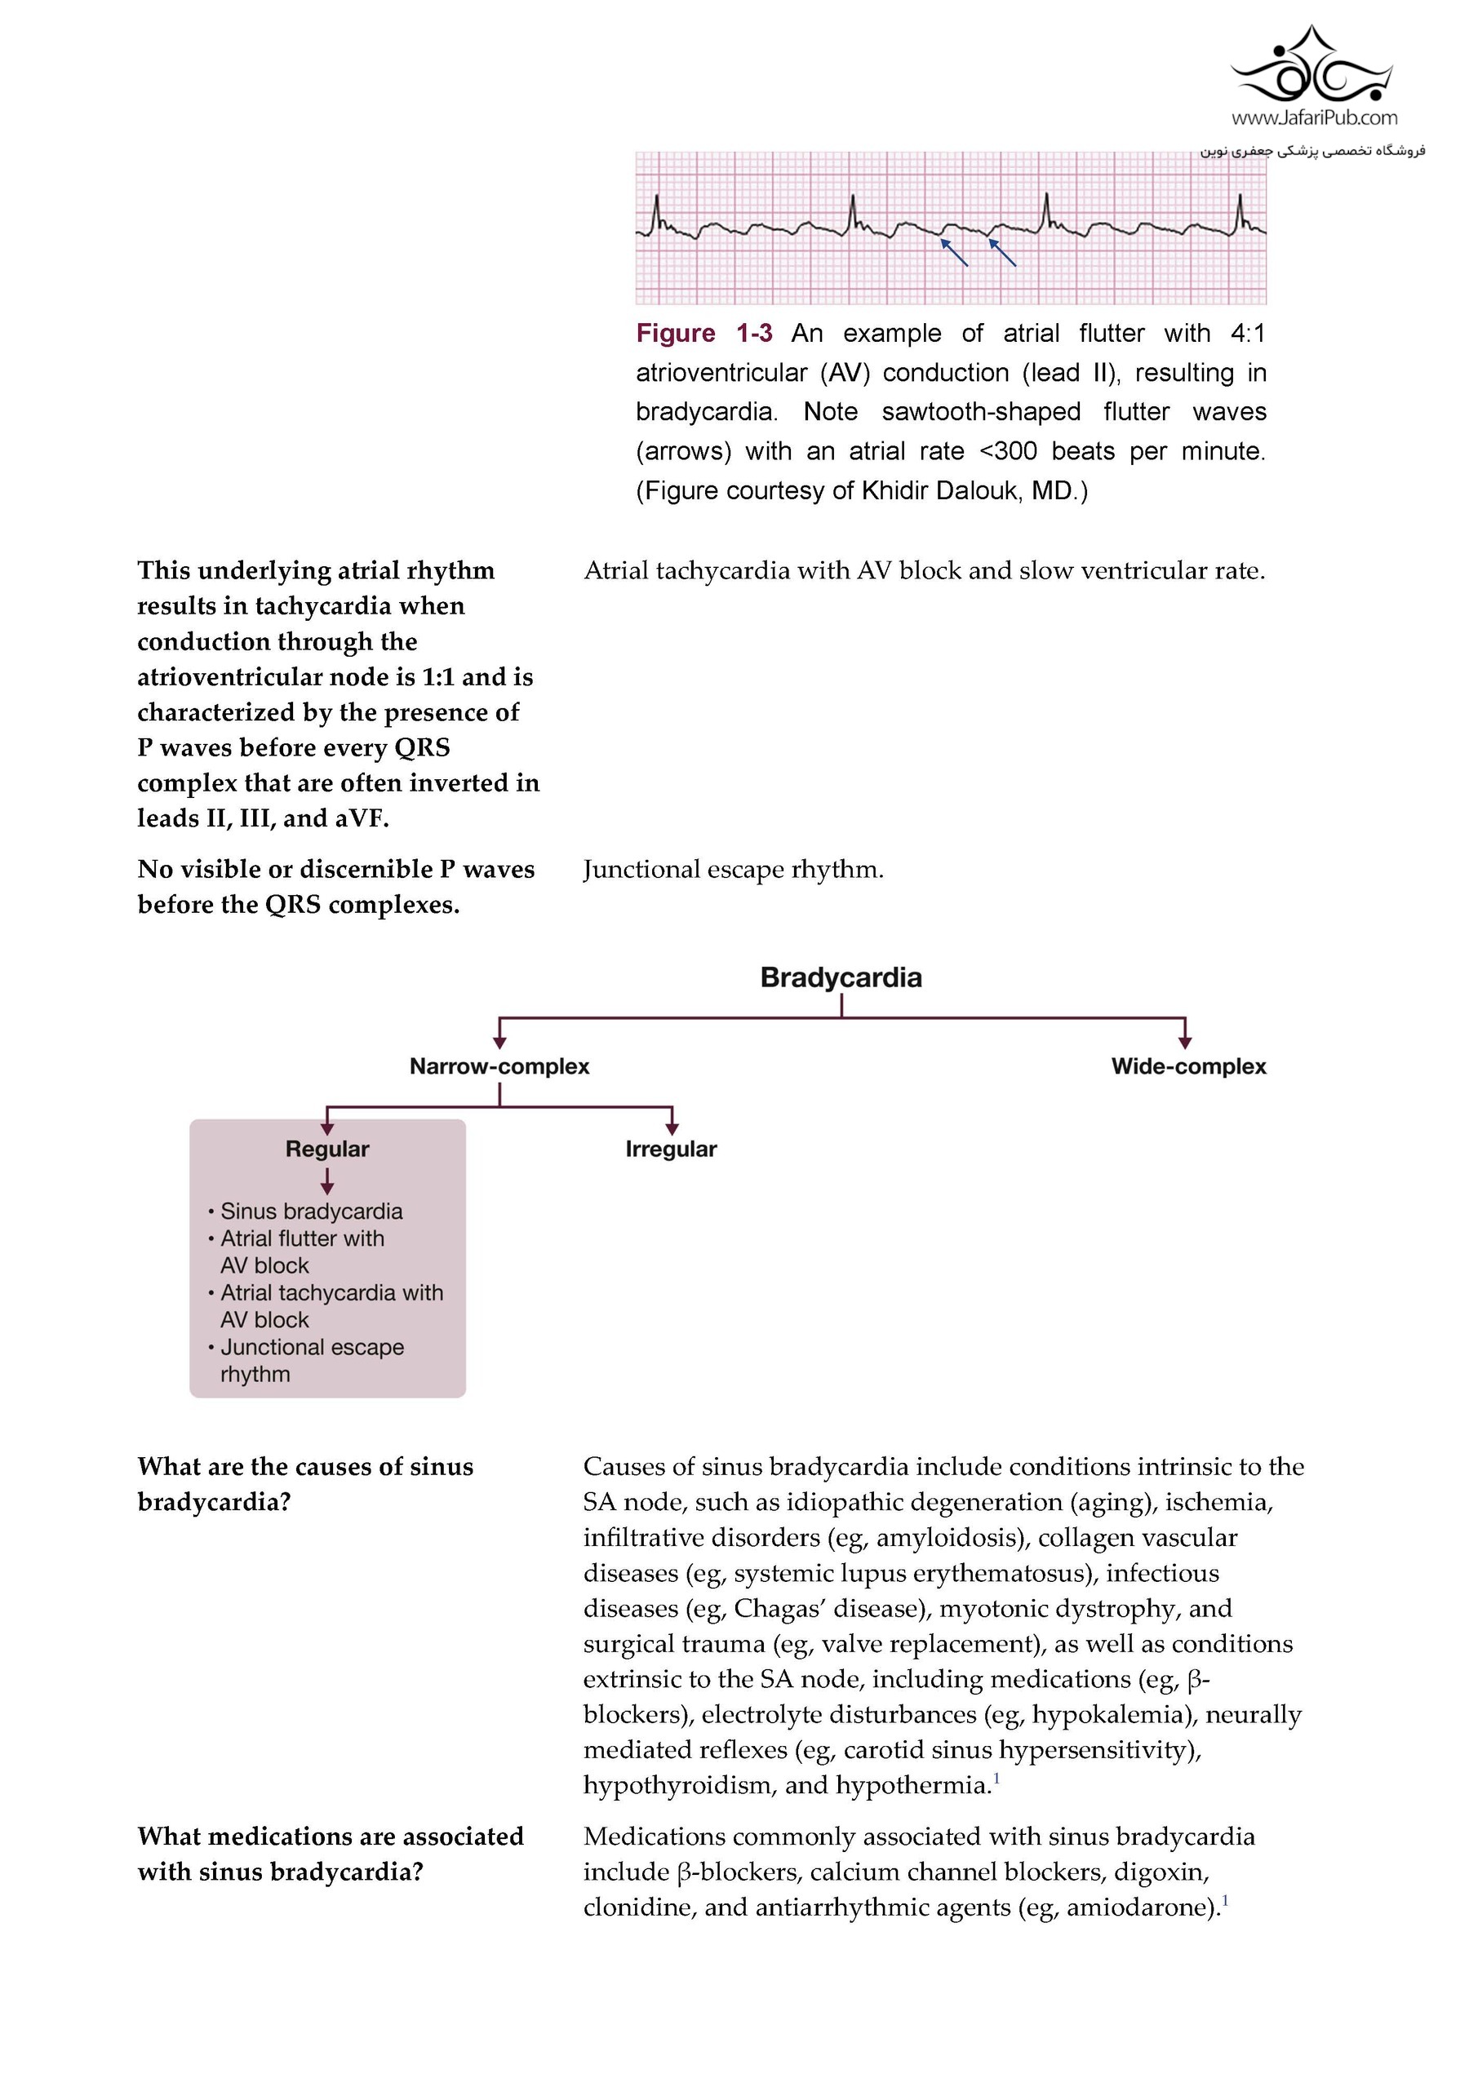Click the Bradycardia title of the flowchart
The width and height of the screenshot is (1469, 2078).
coord(840,977)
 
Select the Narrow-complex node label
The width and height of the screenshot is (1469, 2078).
coord(499,1066)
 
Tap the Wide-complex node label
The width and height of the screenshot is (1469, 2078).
coord(1187,1066)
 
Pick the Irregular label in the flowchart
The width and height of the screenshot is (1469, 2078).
coord(671,1149)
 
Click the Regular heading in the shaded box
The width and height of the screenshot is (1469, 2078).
coord(326,1149)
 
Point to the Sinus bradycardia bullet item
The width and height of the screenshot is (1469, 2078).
coord(310,1211)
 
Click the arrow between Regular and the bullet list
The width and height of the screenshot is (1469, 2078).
coord(326,1181)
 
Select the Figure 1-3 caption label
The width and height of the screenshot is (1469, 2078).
coord(703,333)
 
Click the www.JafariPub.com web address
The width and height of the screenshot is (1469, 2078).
coord(1313,117)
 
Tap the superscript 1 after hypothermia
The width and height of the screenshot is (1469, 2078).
coord(996,1779)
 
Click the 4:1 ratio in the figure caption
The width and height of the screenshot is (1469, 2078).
coord(1247,333)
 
